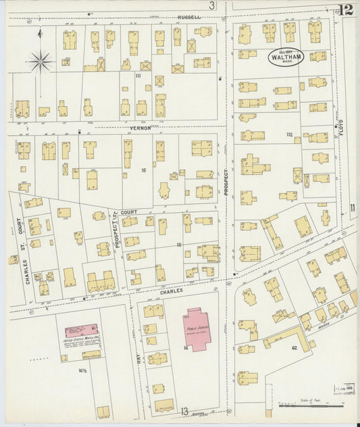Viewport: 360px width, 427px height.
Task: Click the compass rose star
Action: [x=41, y=63]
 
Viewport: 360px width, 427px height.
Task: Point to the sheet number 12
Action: [x=346, y=9]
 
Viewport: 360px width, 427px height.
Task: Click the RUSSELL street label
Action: [x=189, y=17]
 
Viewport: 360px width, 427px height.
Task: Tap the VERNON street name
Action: [x=140, y=127]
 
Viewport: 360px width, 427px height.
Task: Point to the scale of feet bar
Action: [x=317, y=407]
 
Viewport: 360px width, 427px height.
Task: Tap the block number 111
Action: [x=138, y=76]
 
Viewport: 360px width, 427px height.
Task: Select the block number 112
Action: [x=289, y=135]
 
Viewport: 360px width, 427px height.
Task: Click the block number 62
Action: [x=294, y=347]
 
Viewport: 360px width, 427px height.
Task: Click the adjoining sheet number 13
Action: [x=184, y=411]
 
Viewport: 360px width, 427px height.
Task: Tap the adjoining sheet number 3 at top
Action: [x=211, y=6]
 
